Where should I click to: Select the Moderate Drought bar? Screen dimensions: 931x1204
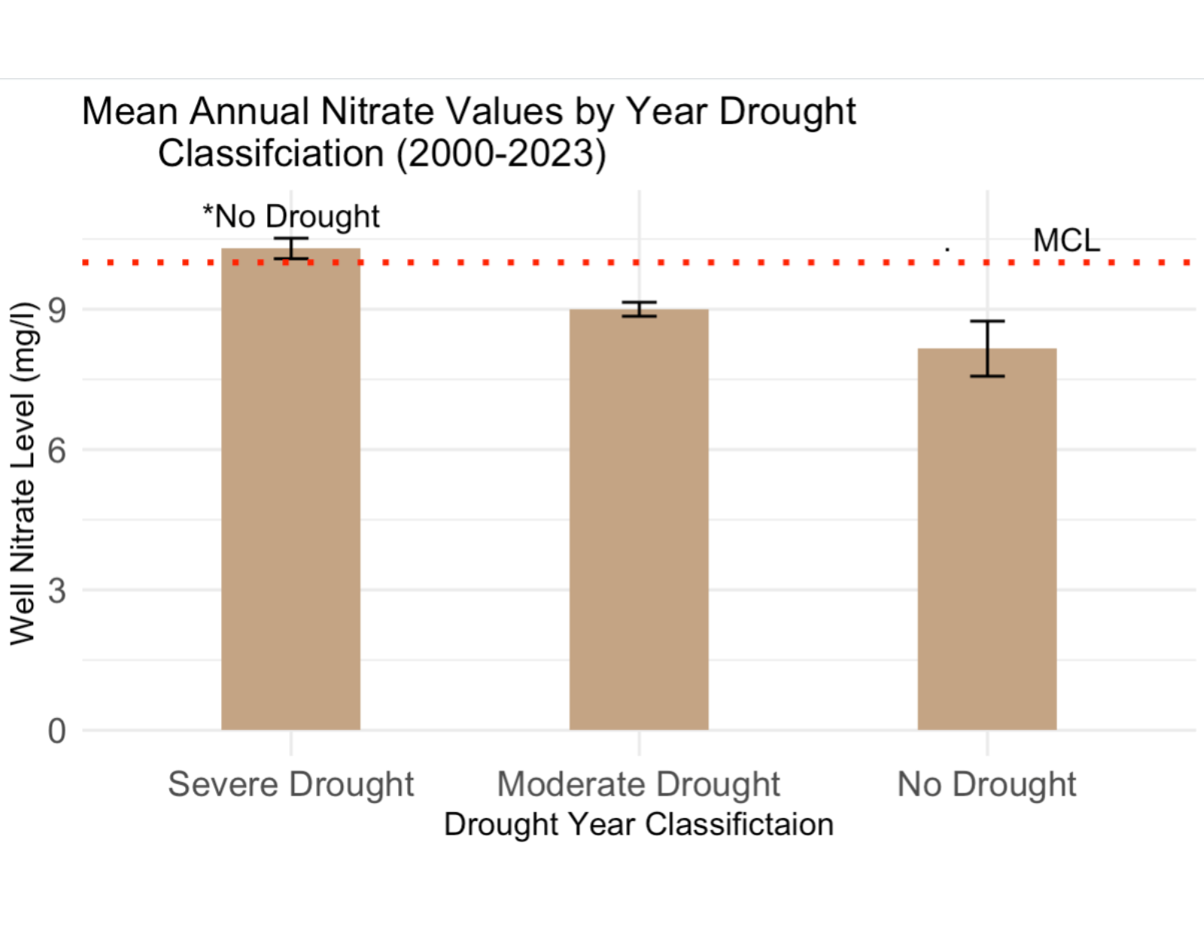639,519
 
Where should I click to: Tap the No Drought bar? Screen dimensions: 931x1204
987,538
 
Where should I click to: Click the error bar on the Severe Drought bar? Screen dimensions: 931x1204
290,248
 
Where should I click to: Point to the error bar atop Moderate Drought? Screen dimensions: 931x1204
639,309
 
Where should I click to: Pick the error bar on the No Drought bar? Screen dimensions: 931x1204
987,348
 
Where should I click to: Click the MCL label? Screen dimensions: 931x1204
1066,241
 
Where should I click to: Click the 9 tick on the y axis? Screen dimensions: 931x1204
57,309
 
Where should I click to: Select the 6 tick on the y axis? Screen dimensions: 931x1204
57,450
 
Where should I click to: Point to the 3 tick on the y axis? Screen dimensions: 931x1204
57,590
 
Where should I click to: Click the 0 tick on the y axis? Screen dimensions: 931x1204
57,731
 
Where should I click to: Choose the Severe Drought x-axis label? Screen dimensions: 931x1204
290,784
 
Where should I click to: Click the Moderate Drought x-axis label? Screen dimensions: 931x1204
639,784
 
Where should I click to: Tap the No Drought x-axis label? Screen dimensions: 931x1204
987,784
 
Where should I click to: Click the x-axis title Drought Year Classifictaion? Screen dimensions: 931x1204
639,824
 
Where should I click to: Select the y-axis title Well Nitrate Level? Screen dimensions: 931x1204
23,474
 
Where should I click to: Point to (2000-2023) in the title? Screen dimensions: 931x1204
501,154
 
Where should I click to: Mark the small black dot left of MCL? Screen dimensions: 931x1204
947,248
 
